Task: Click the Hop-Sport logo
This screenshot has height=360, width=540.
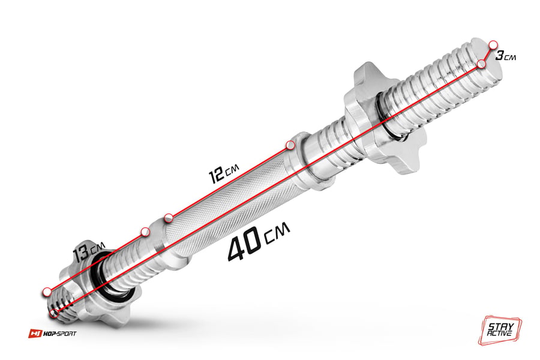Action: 52,334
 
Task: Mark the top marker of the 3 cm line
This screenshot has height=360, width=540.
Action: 493,45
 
